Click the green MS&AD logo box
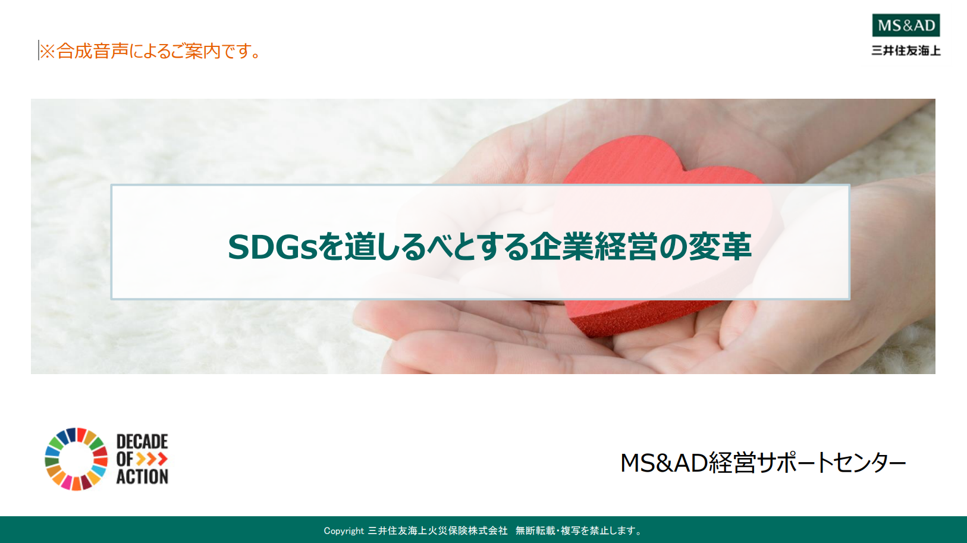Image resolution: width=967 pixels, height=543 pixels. click(906, 26)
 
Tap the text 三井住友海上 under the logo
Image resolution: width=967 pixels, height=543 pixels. click(906, 51)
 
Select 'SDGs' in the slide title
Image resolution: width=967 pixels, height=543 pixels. click(272, 247)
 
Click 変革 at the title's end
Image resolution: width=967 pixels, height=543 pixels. click(720, 246)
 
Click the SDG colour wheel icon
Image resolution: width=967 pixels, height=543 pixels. click(76, 459)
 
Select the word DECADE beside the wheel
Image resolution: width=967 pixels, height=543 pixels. click(142, 441)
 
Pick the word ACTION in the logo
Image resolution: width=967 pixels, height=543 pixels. click(142, 476)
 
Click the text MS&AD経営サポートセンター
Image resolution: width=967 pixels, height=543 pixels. click(763, 463)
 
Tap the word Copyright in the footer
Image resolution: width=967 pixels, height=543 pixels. click(344, 531)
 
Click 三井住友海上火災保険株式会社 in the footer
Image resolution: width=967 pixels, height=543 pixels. click(438, 531)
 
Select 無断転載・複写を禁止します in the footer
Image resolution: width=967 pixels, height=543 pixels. click(578, 531)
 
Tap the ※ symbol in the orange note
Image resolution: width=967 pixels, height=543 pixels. click(48, 51)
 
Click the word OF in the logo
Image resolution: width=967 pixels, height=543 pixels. click(124, 459)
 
